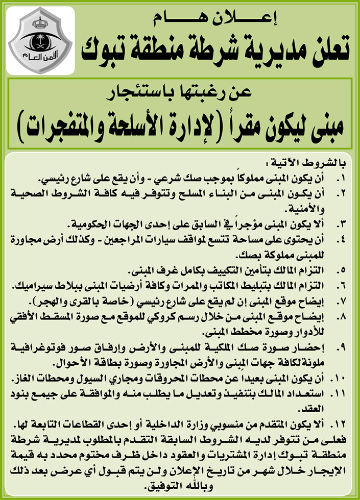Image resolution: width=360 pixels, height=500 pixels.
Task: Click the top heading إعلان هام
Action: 217,20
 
